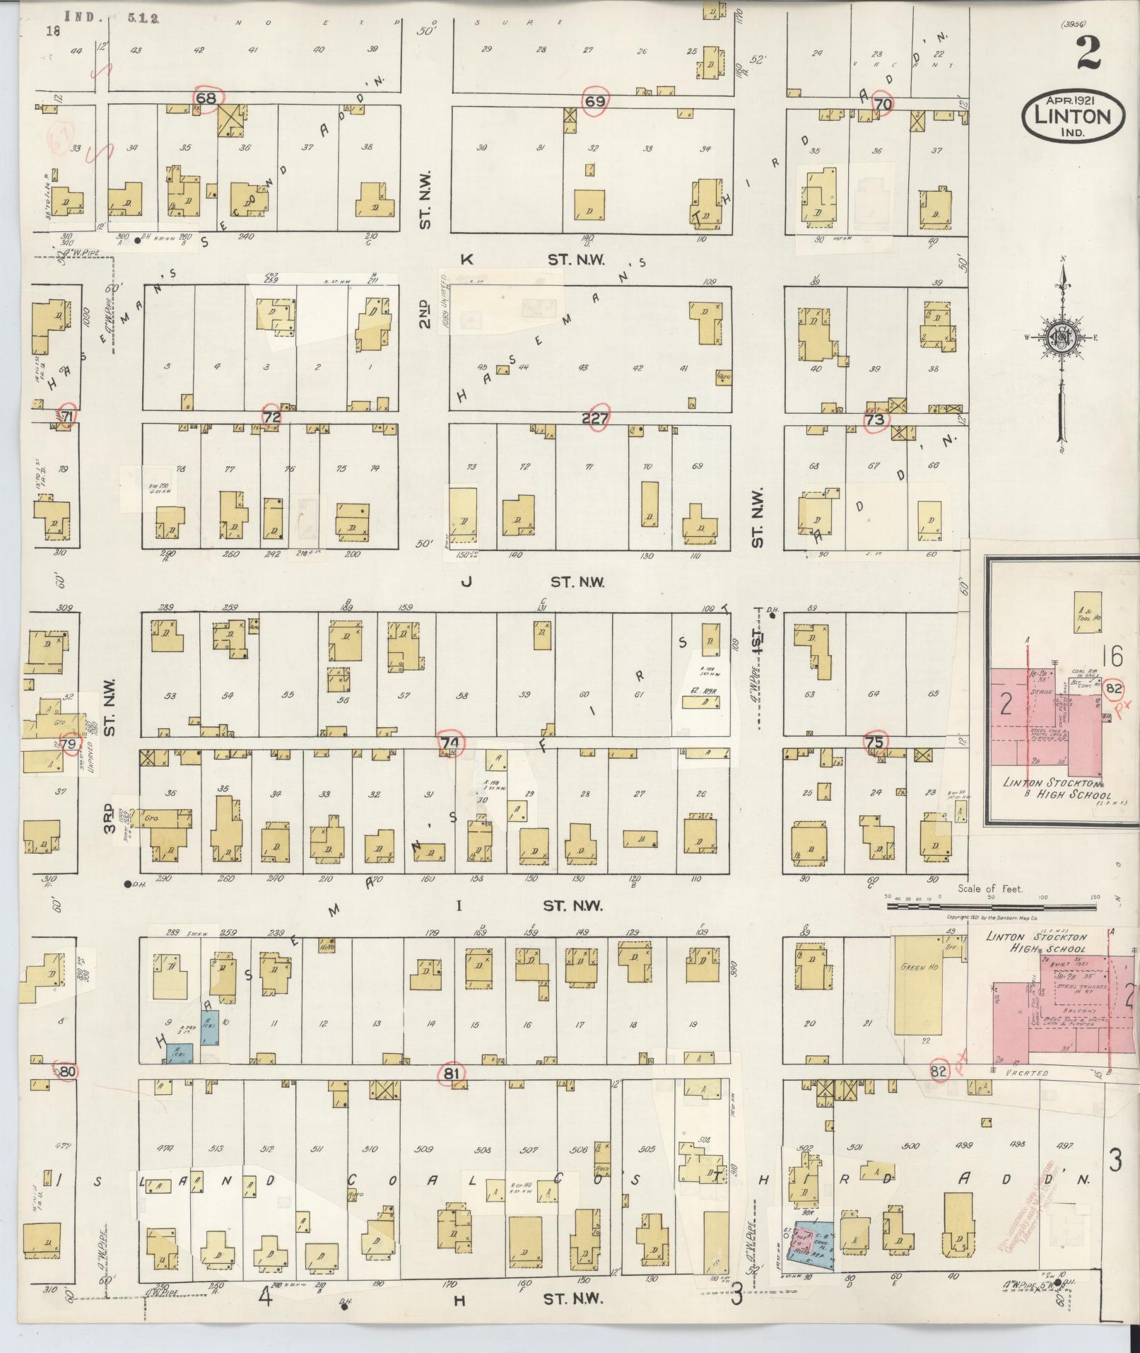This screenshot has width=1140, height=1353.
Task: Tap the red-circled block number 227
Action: click(x=595, y=419)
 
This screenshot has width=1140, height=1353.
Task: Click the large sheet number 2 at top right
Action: click(x=1089, y=54)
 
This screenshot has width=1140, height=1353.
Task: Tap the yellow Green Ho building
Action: click(x=918, y=987)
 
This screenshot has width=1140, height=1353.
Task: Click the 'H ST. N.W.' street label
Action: click(x=537, y=1299)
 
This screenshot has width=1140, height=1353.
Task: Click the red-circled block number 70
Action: click(x=881, y=103)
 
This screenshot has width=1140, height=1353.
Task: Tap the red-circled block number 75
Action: click(x=874, y=742)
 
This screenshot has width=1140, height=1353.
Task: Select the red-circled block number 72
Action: click(x=272, y=417)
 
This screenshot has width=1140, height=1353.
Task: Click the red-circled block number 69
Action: click(x=594, y=101)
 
